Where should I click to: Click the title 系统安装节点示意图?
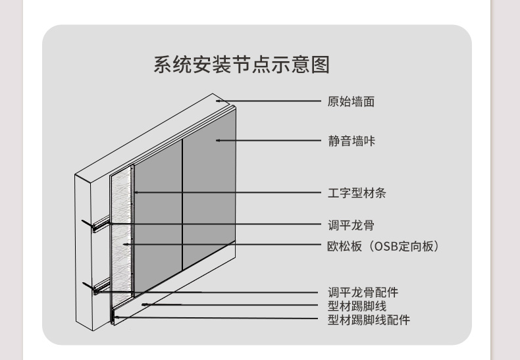click(241, 66)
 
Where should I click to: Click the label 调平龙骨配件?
click(363, 292)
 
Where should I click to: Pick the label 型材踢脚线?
click(357, 306)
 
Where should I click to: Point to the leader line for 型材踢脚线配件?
click(217, 318)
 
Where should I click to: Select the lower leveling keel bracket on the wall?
click(96, 288)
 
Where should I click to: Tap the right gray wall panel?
click(208, 191)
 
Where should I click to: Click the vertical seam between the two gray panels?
click(182, 204)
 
